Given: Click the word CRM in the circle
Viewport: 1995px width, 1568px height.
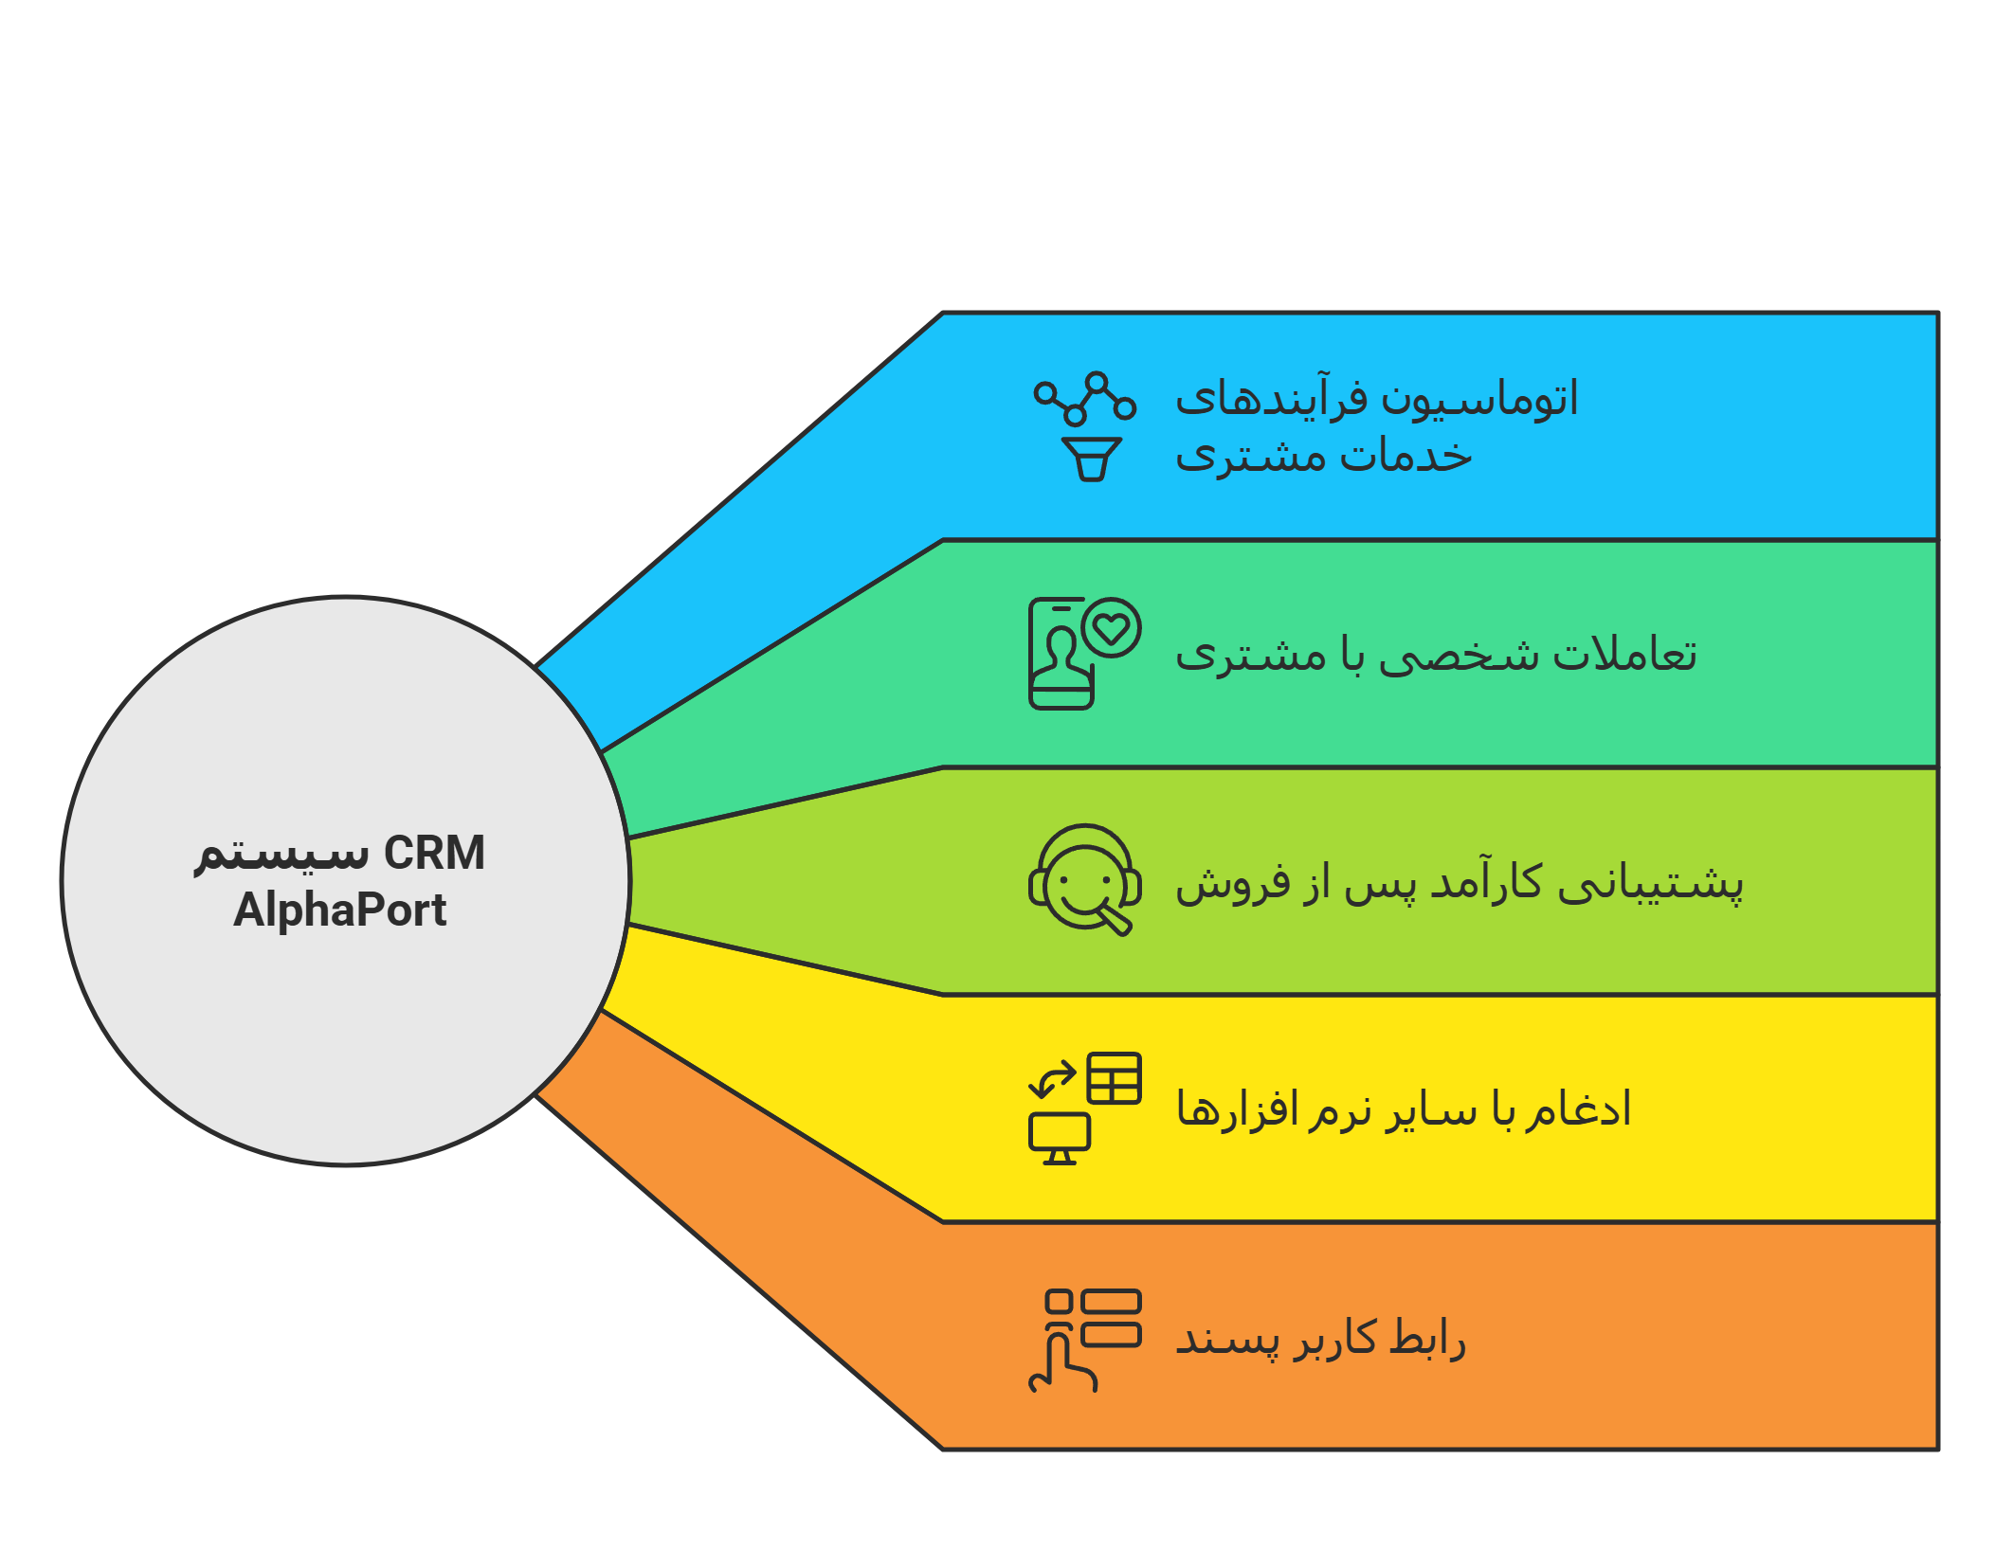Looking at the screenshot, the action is [x=434, y=853].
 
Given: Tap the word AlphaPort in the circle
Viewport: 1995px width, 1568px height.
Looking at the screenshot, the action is [x=339, y=910].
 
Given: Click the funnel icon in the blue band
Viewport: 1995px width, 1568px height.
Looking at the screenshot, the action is [x=1092, y=460].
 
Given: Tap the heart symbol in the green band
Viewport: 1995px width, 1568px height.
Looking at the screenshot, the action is [x=1112, y=627].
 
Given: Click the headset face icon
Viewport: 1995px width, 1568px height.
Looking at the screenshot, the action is [x=1085, y=880].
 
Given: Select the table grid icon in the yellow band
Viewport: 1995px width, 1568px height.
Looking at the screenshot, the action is [x=1114, y=1078].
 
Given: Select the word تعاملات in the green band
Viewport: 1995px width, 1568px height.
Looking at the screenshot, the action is [x=1624, y=653].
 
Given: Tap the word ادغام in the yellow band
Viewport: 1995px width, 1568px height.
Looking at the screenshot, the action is [x=1578, y=1109].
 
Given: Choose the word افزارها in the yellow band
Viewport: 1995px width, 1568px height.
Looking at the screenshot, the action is [x=1238, y=1108].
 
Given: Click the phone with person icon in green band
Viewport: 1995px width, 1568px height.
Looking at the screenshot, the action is [x=1061, y=654].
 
